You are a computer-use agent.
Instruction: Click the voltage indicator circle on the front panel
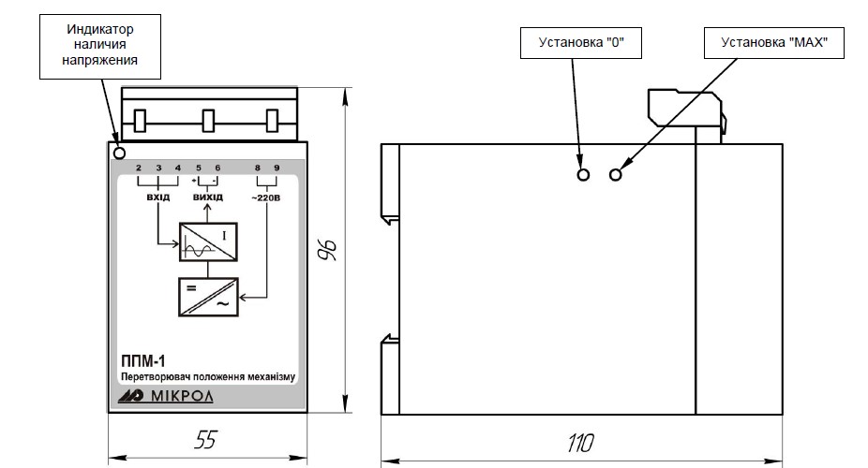point(119,153)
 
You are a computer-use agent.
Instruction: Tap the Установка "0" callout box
point(580,42)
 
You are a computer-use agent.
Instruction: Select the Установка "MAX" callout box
point(774,42)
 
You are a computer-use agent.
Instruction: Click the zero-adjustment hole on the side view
point(583,175)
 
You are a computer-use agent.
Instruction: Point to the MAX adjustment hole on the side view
point(616,175)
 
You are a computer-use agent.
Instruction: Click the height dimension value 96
point(329,250)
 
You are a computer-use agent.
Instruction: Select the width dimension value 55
point(205,440)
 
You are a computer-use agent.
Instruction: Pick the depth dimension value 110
point(580,443)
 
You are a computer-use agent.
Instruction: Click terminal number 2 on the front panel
point(139,168)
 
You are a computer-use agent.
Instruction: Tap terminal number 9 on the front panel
point(277,168)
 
